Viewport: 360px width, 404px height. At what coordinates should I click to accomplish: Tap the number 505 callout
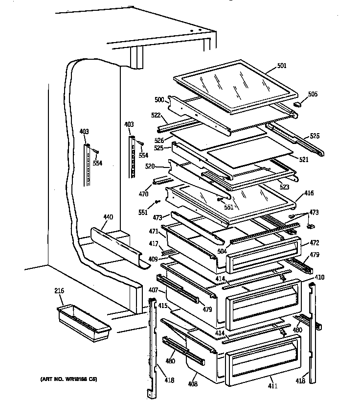coord(313,94)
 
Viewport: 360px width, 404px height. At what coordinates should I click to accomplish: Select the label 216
coord(59,292)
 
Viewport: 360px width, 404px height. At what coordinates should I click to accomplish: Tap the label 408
coord(193,384)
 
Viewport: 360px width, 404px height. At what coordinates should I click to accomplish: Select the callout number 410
coord(319,278)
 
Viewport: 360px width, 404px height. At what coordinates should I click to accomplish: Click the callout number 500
coord(159,99)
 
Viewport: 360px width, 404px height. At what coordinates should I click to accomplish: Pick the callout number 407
coord(153,290)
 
